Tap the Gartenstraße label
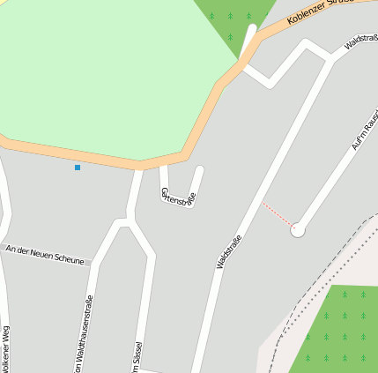[x=176, y=197]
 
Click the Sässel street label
[x=137, y=357]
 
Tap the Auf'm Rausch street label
[x=364, y=132]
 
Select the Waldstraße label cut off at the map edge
[x=361, y=41]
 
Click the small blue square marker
[x=78, y=168]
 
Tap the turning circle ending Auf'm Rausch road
[x=298, y=229]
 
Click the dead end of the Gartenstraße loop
[x=199, y=169]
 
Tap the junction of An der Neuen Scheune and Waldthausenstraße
[x=92, y=262]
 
